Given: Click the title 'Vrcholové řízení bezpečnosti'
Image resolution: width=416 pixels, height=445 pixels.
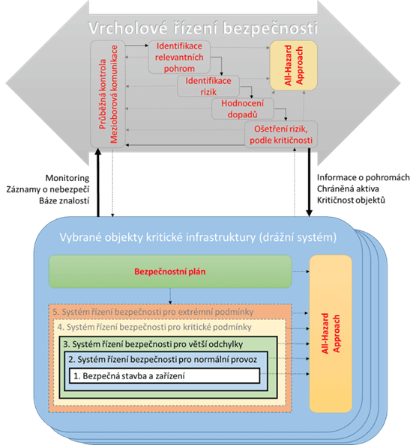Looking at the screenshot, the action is pyautogui.click(x=202, y=28).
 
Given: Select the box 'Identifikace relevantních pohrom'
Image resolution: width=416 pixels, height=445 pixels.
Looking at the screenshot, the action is pyautogui.click(x=179, y=57).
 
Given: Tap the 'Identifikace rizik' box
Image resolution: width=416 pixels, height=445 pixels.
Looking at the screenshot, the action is pyautogui.click(x=208, y=86).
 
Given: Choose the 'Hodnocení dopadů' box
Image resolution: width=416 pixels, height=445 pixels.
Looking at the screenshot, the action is pyautogui.click(x=243, y=109).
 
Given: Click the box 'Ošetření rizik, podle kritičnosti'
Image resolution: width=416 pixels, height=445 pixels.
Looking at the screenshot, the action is pyautogui.click(x=281, y=134).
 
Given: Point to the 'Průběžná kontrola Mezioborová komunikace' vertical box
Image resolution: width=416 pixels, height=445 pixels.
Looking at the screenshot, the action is pyautogui.click(x=108, y=94).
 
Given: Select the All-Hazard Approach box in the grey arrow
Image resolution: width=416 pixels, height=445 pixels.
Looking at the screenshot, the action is pyautogui.click(x=293, y=65).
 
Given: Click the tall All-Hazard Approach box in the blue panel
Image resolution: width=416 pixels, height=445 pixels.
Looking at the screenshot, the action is pyautogui.click(x=331, y=334).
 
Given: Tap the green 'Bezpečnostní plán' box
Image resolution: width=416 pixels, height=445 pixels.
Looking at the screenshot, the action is pyautogui.click(x=170, y=271).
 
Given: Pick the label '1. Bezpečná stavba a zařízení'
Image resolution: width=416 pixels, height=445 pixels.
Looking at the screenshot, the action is pyautogui.click(x=129, y=376).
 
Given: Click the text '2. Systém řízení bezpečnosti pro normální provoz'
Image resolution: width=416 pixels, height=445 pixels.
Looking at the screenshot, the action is pyautogui.click(x=163, y=360).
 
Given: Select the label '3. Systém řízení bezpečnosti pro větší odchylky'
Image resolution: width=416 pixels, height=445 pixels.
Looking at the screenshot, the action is pyautogui.click(x=153, y=344).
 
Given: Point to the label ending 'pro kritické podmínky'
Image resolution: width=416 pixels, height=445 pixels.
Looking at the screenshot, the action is pyautogui.click(x=154, y=328).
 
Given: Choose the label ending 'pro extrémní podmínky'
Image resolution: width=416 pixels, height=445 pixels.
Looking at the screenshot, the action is pyautogui.click(x=153, y=312).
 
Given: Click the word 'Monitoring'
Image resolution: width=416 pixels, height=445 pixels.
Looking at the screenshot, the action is pyautogui.click(x=67, y=178).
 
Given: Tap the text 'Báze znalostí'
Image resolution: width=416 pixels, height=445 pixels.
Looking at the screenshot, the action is pyautogui.click(x=64, y=200).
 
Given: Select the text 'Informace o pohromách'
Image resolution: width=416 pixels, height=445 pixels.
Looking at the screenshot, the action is pyautogui.click(x=364, y=177).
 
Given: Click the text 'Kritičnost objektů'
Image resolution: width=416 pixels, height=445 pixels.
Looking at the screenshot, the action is pyautogui.click(x=352, y=200).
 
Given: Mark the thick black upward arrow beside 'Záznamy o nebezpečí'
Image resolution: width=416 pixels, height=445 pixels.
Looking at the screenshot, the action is pyautogui.click(x=98, y=182).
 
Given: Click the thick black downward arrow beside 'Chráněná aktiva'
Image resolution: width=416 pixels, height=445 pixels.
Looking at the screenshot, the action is pyautogui.click(x=310, y=182).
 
